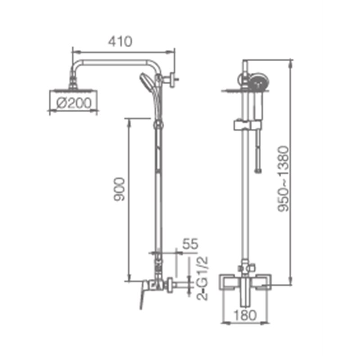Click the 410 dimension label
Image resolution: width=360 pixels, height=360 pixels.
coord(120,41)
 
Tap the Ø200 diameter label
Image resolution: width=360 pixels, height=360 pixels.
coord(74,103)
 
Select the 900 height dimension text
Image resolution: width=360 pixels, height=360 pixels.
coord(120,189)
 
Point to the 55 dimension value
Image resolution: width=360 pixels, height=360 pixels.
coord(190,244)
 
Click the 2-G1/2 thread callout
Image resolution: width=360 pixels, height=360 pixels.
coord(202,278)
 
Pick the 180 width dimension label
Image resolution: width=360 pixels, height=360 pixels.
coord(245,315)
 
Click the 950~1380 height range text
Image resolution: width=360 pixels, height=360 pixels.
coord(283,179)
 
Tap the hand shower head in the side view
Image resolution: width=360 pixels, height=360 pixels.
coord(145,82)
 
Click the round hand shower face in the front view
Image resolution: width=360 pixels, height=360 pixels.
coord(259,82)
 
